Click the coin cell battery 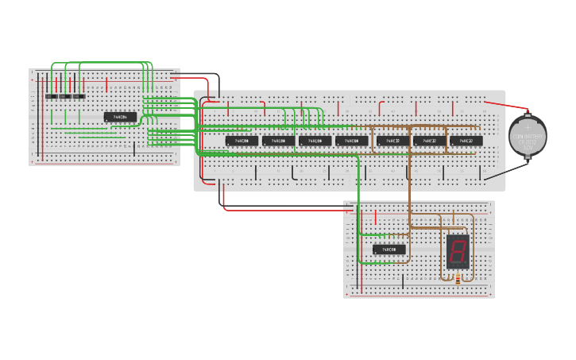(528, 136)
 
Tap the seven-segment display (457, 251)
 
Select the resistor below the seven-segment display (458, 279)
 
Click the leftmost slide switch (51, 96)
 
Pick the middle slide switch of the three (65, 96)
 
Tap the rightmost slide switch (79, 96)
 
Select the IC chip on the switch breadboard (120, 118)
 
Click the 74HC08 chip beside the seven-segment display (388, 250)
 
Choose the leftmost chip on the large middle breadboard (242, 141)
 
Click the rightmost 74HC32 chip (466, 141)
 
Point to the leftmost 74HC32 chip (393, 141)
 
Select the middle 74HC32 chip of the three (430, 141)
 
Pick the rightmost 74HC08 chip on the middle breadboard (352, 141)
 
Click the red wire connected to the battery (505, 104)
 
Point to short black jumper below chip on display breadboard (403, 279)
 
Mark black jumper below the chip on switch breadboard (134, 148)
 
